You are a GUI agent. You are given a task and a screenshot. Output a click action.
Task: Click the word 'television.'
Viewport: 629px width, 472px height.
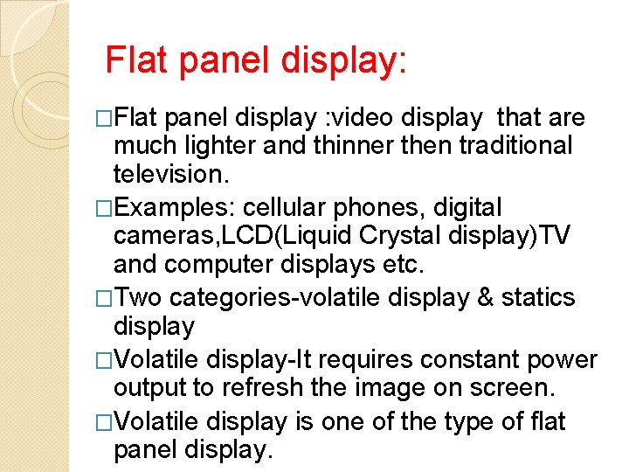pos(171,176)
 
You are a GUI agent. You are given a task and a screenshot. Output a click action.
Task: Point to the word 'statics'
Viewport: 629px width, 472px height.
pos(537,297)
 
